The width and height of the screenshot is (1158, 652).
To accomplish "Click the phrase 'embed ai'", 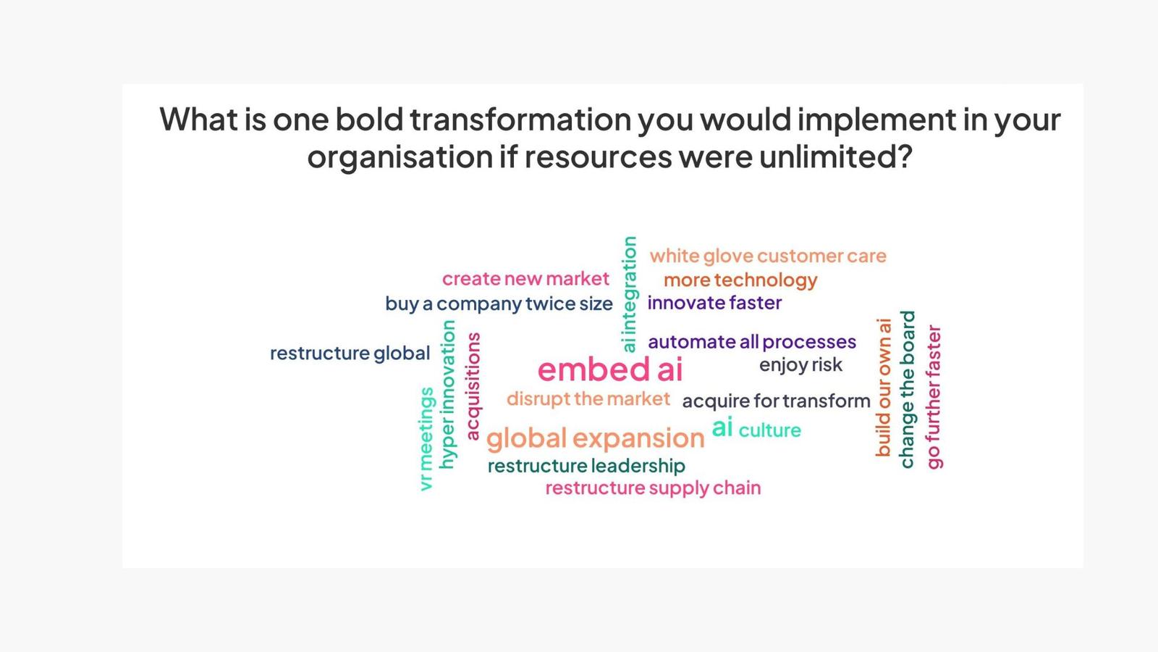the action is tap(610, 369).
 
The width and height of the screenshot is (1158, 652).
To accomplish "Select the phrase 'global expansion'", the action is tap(595, 439).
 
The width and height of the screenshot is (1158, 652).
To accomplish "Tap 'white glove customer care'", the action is tap(768, 256).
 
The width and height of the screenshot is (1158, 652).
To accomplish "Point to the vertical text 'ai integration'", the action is tap(629, 294).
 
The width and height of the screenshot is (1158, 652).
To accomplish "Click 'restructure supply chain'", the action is tap(653, 488).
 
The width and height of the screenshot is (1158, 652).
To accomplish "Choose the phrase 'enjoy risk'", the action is tap(800, 365).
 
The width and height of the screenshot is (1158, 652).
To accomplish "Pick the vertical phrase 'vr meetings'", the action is tap(426, 439).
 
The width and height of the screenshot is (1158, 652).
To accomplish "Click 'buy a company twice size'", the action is tap(499, 304).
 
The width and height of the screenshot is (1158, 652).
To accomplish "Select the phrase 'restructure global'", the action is tap(350, 354).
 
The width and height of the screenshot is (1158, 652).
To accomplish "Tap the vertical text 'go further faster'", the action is tap(934, 397).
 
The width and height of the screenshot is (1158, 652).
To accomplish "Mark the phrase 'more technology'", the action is tap(740, 280).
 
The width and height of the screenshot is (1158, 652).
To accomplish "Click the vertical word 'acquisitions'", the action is tap(473, 386).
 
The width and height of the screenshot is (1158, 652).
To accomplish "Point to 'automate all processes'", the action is tap(752, 343).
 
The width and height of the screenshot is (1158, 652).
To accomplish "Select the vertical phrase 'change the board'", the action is tap(908, 390).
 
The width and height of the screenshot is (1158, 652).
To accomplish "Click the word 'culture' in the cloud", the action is tap(770, 430).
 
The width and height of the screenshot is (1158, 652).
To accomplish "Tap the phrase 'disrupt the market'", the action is tap(588, 399).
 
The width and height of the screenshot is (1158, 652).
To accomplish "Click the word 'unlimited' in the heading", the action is tap(835, 156).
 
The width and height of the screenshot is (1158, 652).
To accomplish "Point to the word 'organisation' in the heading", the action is tap(400, 156).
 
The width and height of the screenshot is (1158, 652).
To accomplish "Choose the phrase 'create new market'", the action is tap(525, 280).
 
